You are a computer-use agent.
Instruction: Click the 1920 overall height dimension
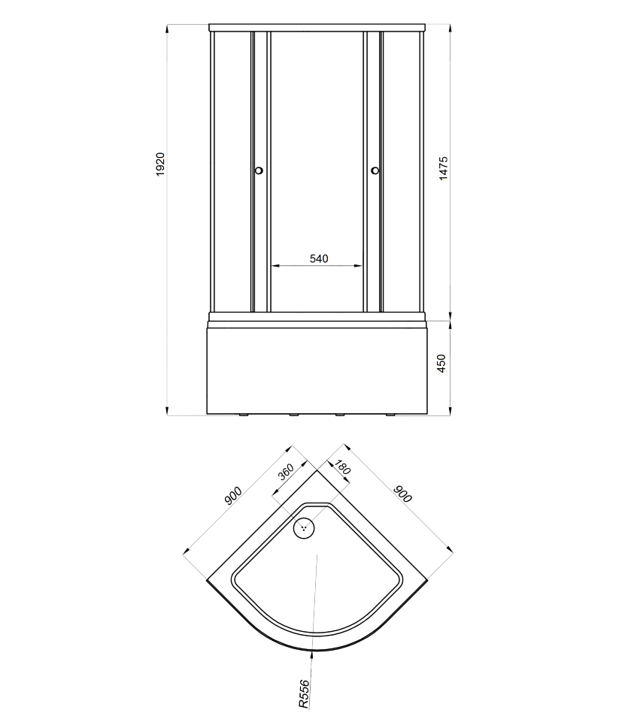tap(160, 164)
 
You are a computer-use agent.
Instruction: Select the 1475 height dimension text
tap(444, 168)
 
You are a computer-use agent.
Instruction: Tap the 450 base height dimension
tap(441, 363)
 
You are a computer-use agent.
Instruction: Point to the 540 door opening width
tap(319, 258)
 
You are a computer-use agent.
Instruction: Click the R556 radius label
tap(304, 695)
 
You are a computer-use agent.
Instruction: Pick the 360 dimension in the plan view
tap(286, 472)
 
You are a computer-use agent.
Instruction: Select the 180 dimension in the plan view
tap(342, 467)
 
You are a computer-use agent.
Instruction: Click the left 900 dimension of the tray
tap(233, 496)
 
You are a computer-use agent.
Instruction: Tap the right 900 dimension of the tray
tap(403, 494)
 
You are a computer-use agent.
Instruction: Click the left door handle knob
tap(259, 171)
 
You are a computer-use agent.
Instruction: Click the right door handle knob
tap(375, 171)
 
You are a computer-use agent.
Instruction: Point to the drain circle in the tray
tap(304, 528)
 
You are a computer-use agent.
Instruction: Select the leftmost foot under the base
tap(244, 415)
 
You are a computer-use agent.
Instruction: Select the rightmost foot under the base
tap(390, 415)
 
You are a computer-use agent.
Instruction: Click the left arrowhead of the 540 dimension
tap(275, 266)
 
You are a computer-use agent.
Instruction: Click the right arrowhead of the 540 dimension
tap(358, 266)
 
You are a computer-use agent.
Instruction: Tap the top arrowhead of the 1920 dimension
tap(167, 29)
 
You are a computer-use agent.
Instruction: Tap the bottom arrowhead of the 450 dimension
tap(450, 411)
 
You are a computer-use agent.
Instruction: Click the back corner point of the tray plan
tap(317, 470)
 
